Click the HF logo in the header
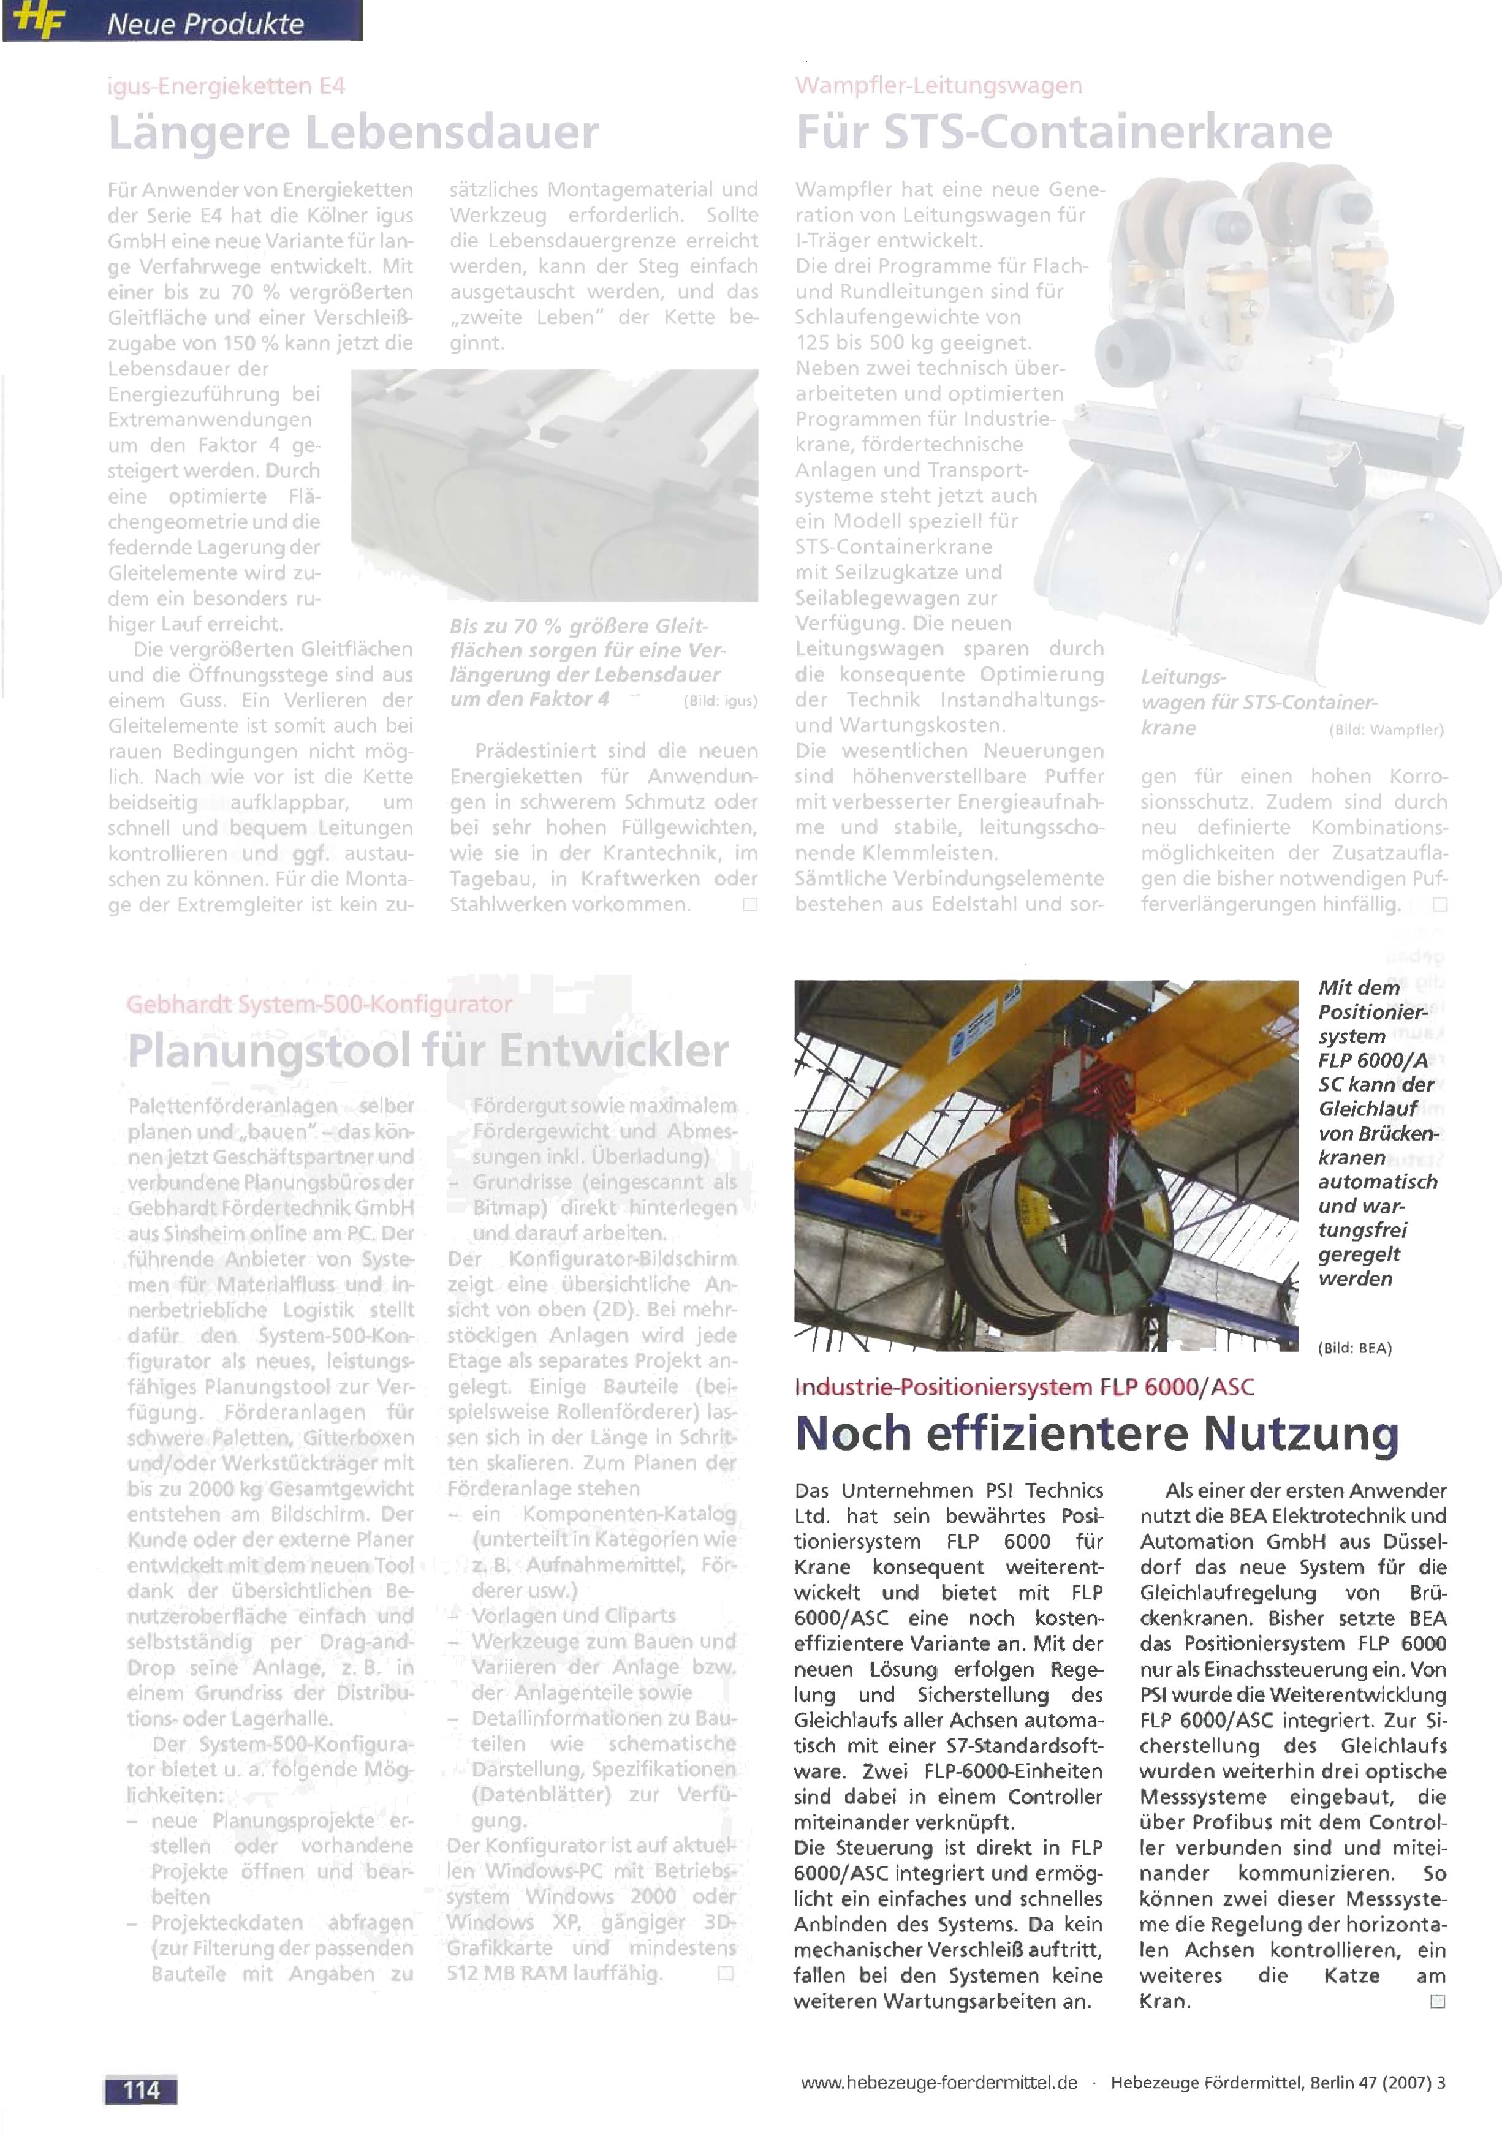coord(37,23)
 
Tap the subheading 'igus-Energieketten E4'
coord(226,86)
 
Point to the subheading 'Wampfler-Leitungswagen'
coord(938,86)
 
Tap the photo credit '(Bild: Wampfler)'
coord(1386,730)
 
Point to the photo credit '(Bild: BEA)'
coord(1354,1348)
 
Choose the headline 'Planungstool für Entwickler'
coord(428,1052)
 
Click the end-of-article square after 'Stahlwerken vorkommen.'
coord(749,905)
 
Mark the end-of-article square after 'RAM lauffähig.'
coord(725,1973)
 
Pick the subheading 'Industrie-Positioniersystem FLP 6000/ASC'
coord(1024,1387)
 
